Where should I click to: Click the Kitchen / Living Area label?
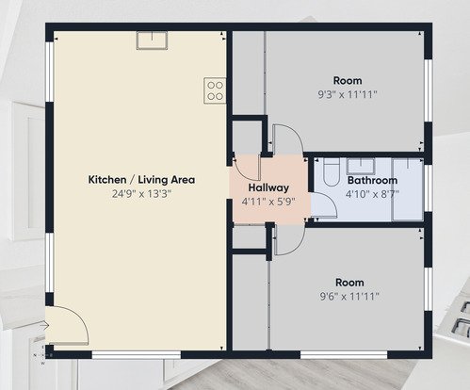coord(141,180)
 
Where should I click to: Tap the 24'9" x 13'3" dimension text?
coord(141,194)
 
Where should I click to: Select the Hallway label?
coord(268,187)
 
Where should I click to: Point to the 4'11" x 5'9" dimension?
coord(268,202)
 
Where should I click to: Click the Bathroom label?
coord(372,180)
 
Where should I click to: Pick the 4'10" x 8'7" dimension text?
coord(372,194)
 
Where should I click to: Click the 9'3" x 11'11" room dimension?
coord(348,94)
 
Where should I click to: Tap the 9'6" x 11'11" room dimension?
coord(349,296)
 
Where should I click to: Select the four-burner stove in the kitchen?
coord(215,90)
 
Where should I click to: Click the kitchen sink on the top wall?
coord(152,41)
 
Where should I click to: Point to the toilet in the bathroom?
coord(332,172)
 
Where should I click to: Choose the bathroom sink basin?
coord(361,166)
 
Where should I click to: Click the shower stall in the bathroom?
coord(408,189)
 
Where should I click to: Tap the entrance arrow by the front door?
coord(44,326)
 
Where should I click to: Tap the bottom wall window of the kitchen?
coord(137,355)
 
